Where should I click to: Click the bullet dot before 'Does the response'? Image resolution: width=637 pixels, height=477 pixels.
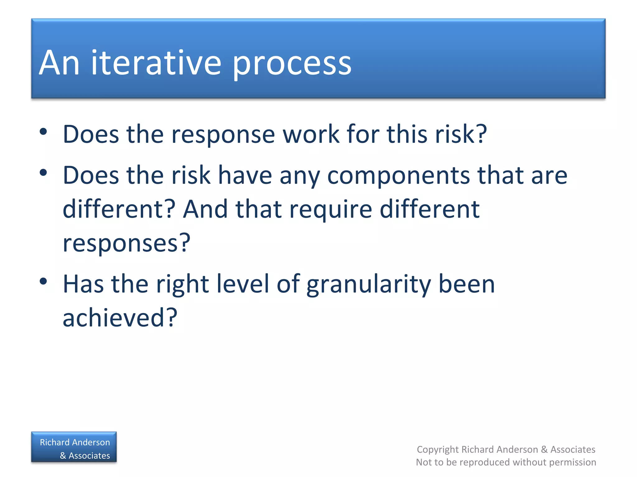tap(43, 132)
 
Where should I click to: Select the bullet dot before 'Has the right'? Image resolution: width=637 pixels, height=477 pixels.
tap(43, 281)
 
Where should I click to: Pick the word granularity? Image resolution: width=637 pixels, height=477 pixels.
tap(369, 285)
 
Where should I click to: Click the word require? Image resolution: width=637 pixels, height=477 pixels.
tap(331, 210)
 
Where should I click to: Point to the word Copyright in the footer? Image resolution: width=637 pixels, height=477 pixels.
tap(438, 449)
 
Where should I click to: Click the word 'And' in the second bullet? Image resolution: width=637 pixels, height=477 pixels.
tap(205, 209)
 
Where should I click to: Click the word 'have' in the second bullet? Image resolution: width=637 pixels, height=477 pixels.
tap(245, 175)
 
